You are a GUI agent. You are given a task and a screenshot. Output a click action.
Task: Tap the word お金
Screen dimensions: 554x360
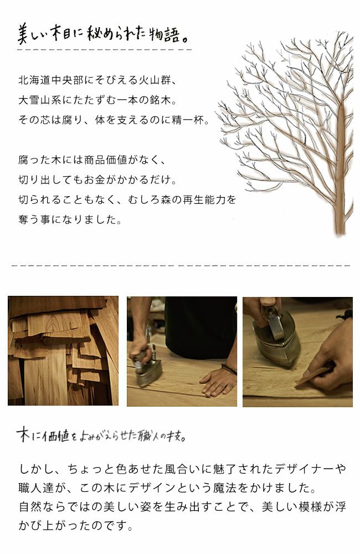pos(116,180)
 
